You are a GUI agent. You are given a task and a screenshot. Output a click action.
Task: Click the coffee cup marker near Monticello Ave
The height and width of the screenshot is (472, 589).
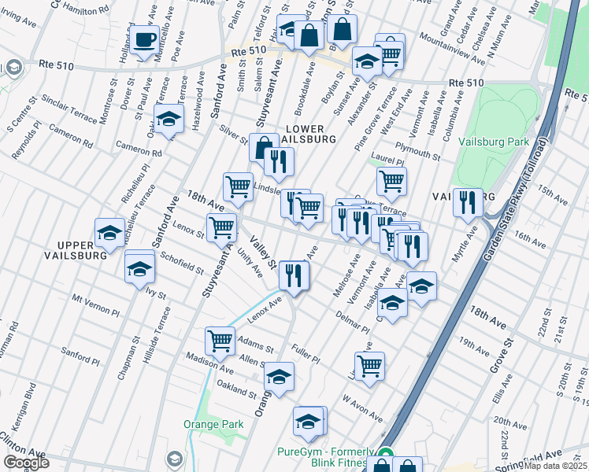point(144,40)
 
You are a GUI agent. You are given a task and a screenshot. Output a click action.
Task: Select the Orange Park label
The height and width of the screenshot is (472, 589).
point(213,424)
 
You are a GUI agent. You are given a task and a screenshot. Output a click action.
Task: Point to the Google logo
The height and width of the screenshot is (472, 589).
point(26,463)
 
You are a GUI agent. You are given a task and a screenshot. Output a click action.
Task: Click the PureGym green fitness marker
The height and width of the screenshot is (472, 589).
point(386,454)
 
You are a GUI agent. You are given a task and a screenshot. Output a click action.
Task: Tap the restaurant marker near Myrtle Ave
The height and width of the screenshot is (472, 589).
point(469,202)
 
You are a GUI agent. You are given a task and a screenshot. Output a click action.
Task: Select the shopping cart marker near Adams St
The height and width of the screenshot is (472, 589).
point(220,341)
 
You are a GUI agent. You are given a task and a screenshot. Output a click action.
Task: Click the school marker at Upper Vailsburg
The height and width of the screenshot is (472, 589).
point(109,232)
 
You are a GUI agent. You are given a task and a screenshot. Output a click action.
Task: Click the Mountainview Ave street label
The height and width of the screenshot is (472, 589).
point(452,47)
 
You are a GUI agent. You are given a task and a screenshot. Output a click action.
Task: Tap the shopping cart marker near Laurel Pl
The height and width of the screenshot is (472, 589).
point(391,181)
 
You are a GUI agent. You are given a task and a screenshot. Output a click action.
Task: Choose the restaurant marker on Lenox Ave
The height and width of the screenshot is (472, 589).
point(294,275)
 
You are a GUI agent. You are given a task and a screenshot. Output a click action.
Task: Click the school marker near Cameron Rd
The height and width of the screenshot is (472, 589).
point(169,118)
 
